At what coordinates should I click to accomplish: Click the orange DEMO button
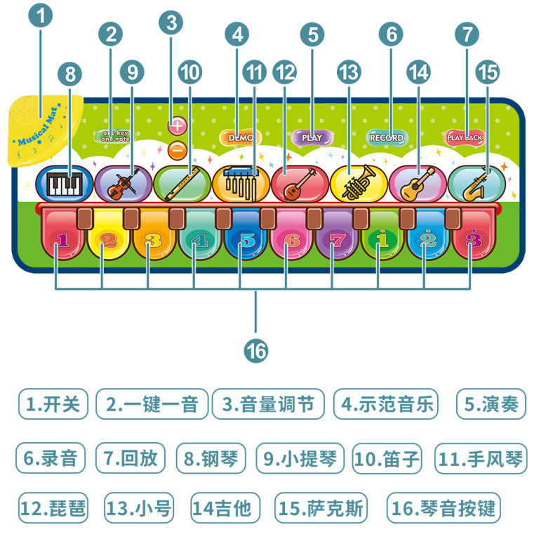pos(240,138)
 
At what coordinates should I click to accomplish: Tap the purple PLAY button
pos(312,138)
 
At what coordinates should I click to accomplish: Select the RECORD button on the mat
pos(387,138)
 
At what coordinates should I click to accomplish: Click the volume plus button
pos(178,126)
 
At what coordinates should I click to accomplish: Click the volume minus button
pos(178,149)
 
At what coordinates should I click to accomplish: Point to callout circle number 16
pos(257,349)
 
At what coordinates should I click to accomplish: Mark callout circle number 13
pos(348,71)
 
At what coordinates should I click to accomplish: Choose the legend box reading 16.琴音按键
pos(444,508)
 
